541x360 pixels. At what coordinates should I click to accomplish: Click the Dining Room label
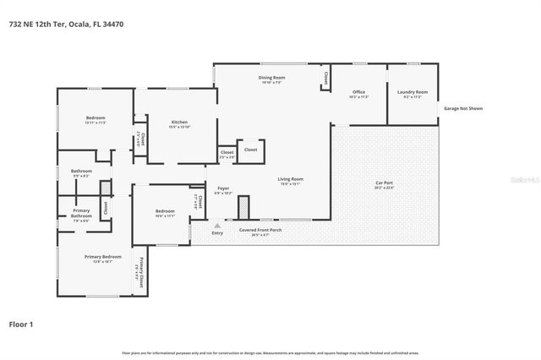[x=271, y=78]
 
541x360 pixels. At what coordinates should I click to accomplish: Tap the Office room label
[x=358, y=92]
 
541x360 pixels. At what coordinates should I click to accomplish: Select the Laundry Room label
[x=413, y=92]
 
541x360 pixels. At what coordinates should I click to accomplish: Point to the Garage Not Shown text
[x=464, y=108]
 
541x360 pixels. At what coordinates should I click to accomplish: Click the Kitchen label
[x=179, y=123]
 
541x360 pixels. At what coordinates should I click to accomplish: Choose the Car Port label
[x=385, y=183]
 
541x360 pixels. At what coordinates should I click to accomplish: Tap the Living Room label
[x=290, y=177]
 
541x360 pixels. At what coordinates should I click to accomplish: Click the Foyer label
[x=223, y=188]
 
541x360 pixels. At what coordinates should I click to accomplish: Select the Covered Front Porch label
[x=260, y=231]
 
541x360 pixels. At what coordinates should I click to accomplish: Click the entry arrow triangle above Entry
[x=217, y=226]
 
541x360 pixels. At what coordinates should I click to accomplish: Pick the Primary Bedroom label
[x=102, y=257]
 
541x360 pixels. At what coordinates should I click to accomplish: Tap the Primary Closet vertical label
[x=141, y=270]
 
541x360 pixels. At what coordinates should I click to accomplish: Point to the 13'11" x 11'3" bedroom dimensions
[x=95, y=123]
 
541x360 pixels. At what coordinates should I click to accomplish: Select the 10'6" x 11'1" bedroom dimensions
[x=165, y=216]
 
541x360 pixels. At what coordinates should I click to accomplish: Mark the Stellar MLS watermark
[x=522, y=180]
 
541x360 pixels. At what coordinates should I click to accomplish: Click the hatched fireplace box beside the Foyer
[x=244, y=206]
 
